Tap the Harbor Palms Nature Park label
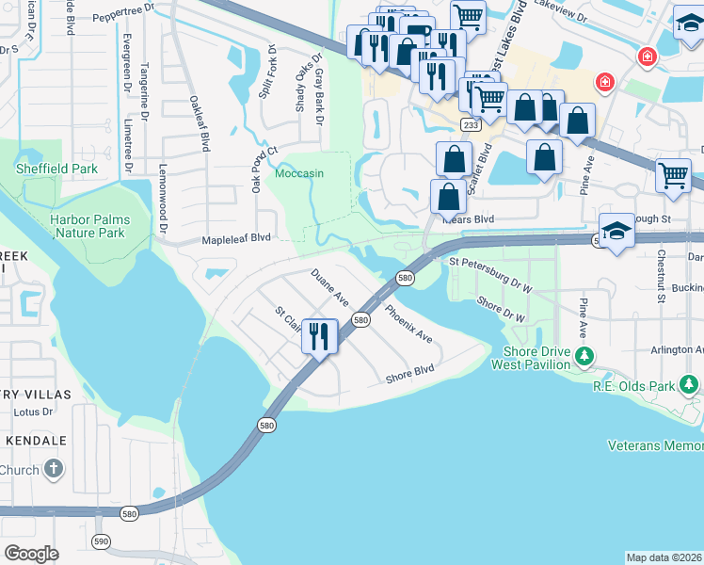click(x=89, y=225)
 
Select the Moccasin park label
click(x=299, y=174)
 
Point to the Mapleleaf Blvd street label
click(x=237, y=239)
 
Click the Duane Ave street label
click(x=330, y=287)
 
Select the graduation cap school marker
click(x=616, y=232)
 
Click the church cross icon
click(x=55, y=469)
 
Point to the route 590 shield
click(x=101, y=541)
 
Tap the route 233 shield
click(x=470, y=125)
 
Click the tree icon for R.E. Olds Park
click(x=690, y=384)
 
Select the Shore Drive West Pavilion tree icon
click(x=584, y=356)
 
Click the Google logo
click(x=31, y=553)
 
